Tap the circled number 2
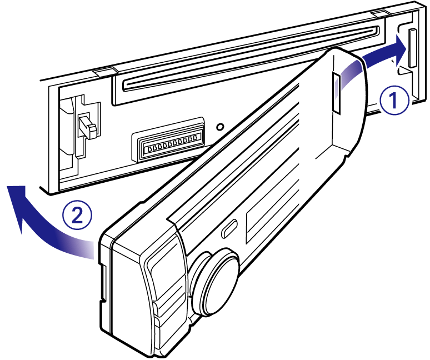click(x=75, y=213)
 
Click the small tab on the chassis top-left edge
click(x=104, y=71)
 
